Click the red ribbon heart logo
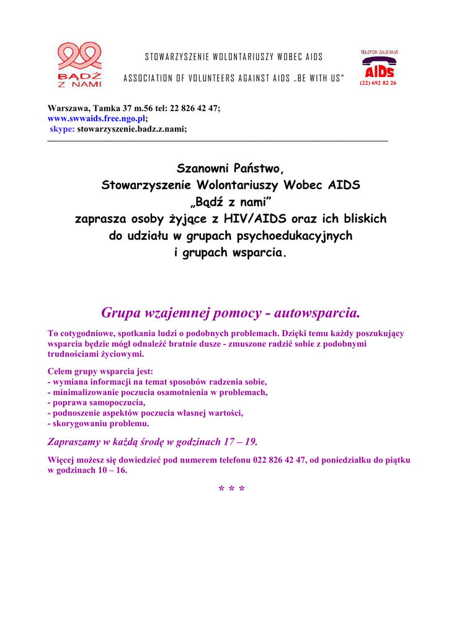(79, 56)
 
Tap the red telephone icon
(379, 62)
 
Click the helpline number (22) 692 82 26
(378, 82)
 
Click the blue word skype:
(62, 128)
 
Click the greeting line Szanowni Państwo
(230, 169)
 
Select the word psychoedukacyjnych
(291, 236)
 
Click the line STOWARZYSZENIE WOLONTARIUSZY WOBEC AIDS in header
(234, 57)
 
